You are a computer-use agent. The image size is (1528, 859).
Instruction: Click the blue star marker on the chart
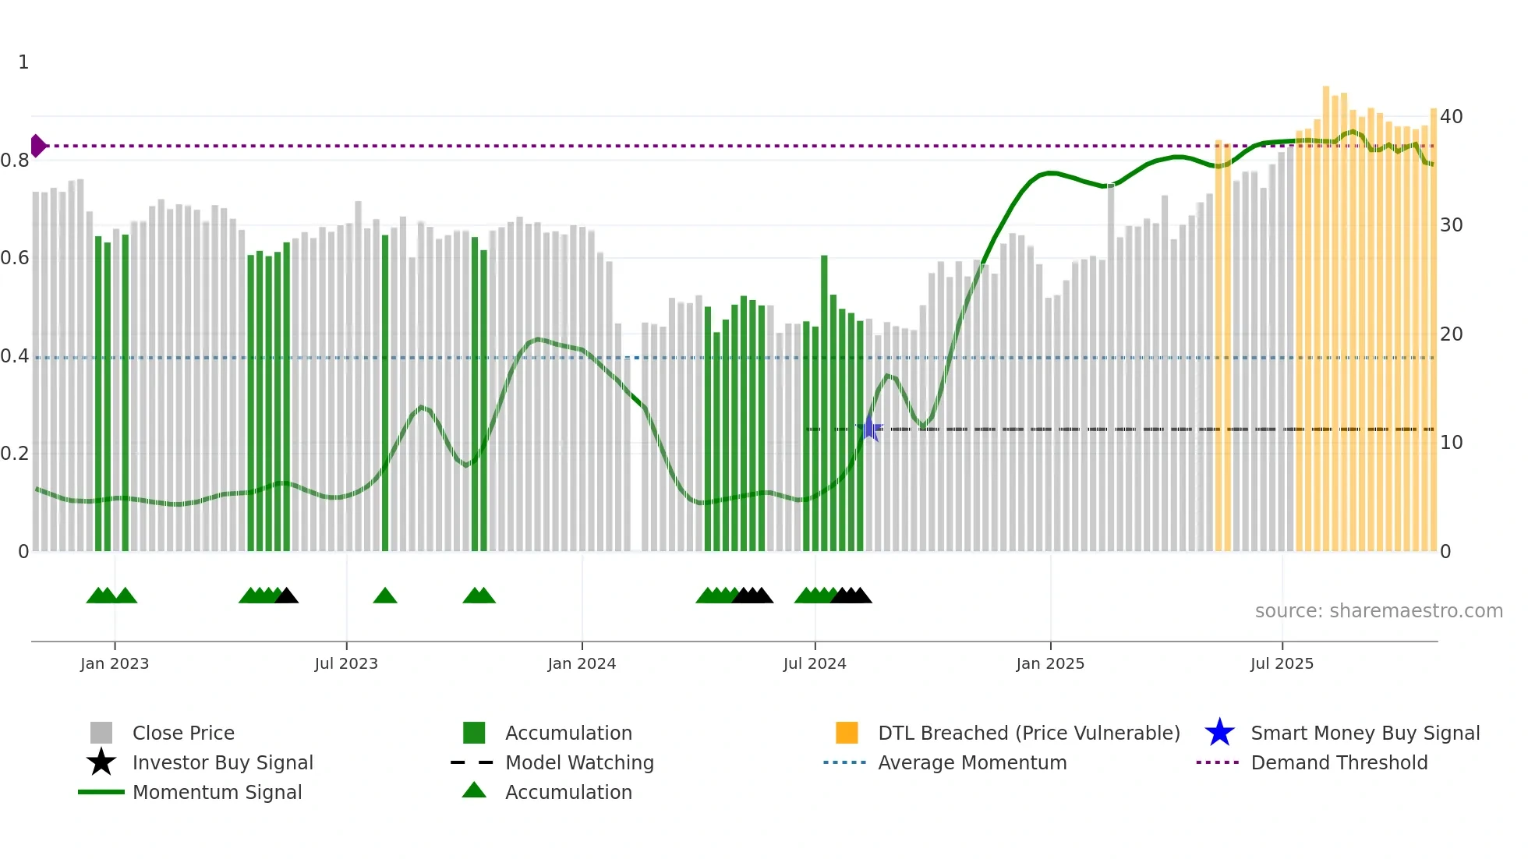tap(869, 428)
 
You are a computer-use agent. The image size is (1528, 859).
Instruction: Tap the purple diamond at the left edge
tap(37, 146)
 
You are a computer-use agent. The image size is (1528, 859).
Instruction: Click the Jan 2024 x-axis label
tap(582, 663)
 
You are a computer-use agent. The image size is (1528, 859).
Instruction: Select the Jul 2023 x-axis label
tap(346, 663)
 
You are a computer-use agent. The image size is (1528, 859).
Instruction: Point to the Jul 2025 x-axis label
tap(1282, 663)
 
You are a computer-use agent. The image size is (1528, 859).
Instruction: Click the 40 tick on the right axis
tap(1451, 117)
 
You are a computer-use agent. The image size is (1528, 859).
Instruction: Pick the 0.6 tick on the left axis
tap(15, 258)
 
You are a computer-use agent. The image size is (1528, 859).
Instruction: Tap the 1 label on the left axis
tap(23, 62)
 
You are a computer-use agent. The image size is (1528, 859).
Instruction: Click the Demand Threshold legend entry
tap(1339, 762)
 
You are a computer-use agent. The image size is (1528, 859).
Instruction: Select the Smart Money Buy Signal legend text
tap(1364, 733)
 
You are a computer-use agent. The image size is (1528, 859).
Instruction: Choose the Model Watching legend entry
tap(578, 762)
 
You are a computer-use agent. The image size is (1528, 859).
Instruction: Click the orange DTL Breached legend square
tap(847, 733)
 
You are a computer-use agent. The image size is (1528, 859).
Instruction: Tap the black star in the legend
tap(101, 762)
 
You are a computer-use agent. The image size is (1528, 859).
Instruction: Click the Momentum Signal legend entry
tap(217, 792)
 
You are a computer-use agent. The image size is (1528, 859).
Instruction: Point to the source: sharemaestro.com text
tap(1378, 610)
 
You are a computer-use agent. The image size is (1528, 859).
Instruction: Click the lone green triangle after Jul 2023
tap(385, 596)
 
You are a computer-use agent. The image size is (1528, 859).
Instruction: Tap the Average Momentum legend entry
tap(971, 762)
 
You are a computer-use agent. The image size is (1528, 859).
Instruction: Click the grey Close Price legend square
tap(101, 733)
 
